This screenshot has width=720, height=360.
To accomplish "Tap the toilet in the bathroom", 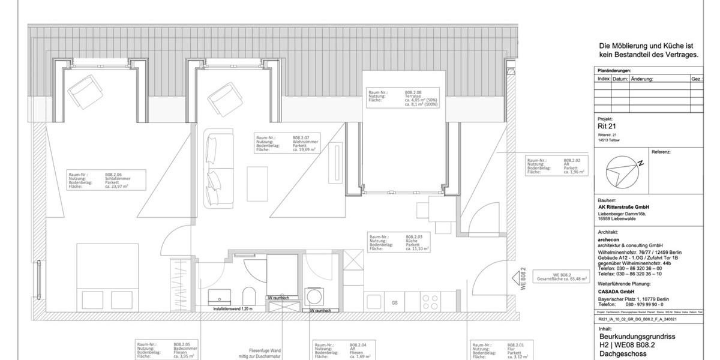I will click(x=248, y=295).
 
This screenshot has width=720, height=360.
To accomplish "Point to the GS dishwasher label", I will click(x=395, y=303).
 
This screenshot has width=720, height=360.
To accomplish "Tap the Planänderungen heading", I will click(x=615, y=70).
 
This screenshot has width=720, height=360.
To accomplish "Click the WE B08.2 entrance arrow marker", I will click(x=517, y=278).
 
